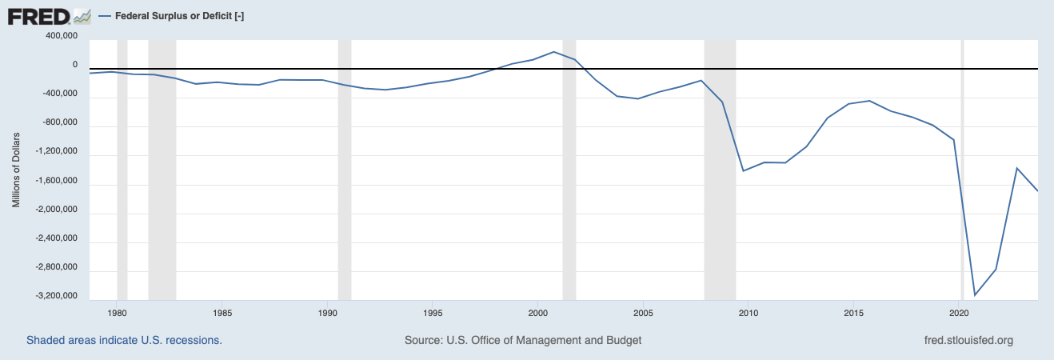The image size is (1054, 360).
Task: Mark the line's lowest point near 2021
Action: click(975, 295)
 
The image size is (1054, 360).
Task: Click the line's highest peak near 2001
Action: click(554, 52)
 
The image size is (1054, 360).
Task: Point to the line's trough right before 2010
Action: click(744, 171)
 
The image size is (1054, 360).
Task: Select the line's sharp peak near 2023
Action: click(1016, 168)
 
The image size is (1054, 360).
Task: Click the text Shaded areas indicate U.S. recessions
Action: click(124, 340)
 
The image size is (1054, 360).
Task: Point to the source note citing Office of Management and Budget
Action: click(523, 340)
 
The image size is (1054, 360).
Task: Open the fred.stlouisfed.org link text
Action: click(968, 340)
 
